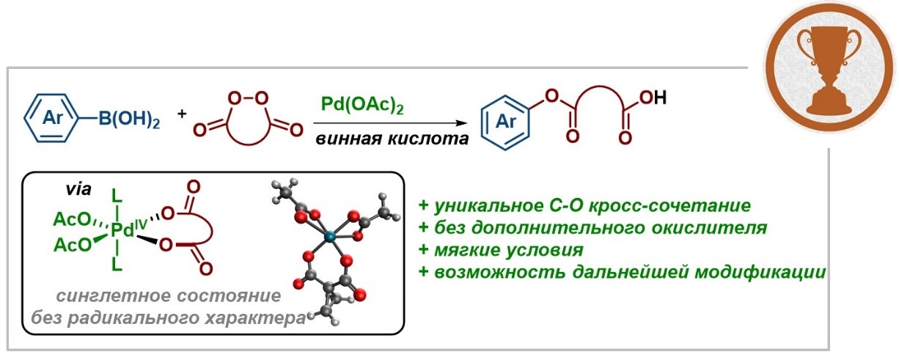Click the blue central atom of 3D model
pyautogui.click(x=329, y=236)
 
